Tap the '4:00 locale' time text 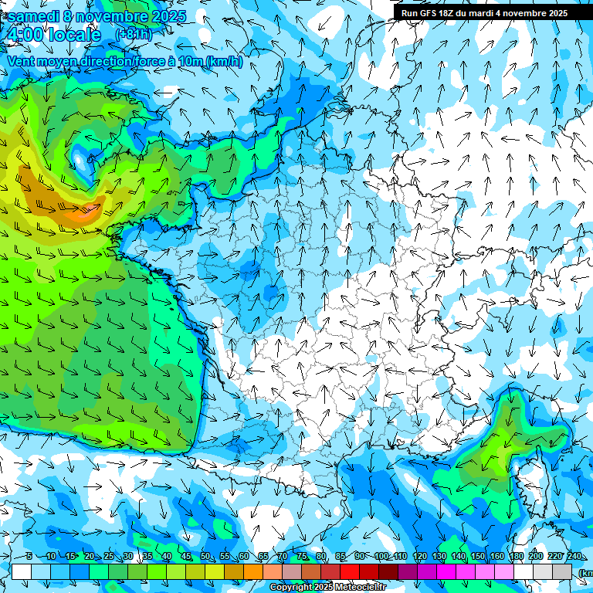coord(53,35)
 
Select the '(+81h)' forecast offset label coord(134,35)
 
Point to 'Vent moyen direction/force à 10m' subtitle coord(100,62)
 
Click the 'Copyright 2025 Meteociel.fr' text coord(327,588)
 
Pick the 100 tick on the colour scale coord(381,557)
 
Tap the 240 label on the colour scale coord(574,557)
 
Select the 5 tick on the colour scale coord(29,557)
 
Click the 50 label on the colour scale coord(205,557)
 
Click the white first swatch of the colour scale coord(22,571)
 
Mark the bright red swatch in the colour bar coord(350,571)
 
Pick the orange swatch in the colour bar coord(253,571)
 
